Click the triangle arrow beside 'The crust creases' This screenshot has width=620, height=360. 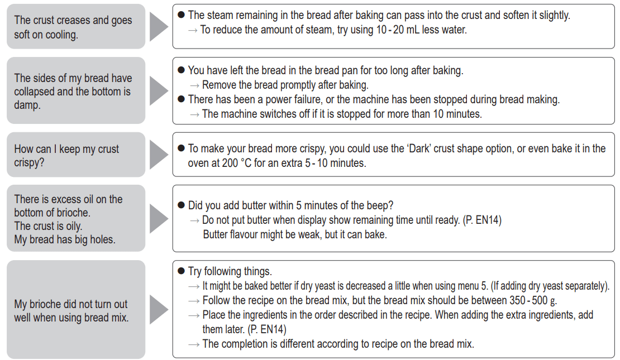pos(159,26)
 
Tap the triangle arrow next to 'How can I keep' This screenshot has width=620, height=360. pos(159,155)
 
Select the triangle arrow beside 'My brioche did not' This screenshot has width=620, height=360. pos(159,310)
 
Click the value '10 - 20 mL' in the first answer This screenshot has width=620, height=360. pos(397,30)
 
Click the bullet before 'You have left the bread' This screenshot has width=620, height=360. pos(181,70)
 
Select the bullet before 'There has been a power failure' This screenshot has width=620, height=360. pos(181,99)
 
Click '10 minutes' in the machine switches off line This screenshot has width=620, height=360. pos(457,114)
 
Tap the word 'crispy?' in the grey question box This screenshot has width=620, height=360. pos(29,163)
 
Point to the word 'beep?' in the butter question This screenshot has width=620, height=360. pos(380,205)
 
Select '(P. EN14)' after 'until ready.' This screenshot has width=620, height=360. pos(482,220)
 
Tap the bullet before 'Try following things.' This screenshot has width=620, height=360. pos(181,271)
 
